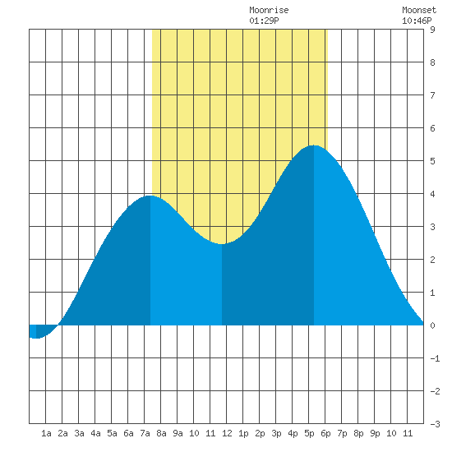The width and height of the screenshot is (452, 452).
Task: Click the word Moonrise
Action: (269, 10)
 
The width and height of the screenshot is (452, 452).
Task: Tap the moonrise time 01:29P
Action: (264, 21)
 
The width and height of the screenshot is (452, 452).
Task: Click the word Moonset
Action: (419, 10)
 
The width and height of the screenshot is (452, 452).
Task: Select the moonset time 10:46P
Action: (417, 21)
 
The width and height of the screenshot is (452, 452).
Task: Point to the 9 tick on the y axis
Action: (432, 30)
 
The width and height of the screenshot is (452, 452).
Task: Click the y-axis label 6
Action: (432, 128)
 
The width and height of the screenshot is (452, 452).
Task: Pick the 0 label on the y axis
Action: (432, 325)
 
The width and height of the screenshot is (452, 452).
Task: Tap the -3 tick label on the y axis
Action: (435, 424)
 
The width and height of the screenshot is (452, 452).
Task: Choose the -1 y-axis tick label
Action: (435, 358)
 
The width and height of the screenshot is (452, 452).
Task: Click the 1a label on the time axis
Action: (46, 433)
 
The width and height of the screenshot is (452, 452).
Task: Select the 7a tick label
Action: (145, 433)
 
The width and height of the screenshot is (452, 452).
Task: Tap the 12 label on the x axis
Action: (227, 433)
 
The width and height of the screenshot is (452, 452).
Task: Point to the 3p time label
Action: (276, 433)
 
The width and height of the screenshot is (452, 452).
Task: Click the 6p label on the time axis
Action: (325, 433)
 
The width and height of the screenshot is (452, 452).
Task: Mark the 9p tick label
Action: (375, 433)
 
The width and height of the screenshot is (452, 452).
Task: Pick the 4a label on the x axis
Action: (95, 433)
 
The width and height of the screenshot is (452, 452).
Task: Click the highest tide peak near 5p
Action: (314, 145)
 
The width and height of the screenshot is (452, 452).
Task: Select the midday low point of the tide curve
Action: (222, 244)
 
